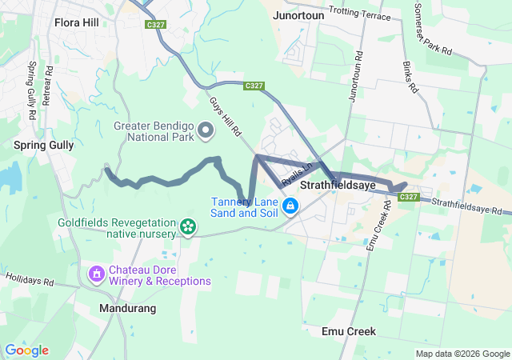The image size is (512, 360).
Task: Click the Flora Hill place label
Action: tap(77, 22)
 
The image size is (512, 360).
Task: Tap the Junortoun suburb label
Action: tap(298, 15)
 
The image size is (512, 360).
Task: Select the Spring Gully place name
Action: tap(43, 146)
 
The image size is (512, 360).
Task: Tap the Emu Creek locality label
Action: tap(348, 331)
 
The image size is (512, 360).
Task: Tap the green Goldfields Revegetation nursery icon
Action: tap(188, 228)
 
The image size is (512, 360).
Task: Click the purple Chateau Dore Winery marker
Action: tap(96, 274)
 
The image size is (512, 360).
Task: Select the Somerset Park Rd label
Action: tap(434, 28)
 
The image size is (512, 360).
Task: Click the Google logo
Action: tap(27, 350)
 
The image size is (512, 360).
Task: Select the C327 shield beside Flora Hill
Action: tap(156, 25)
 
